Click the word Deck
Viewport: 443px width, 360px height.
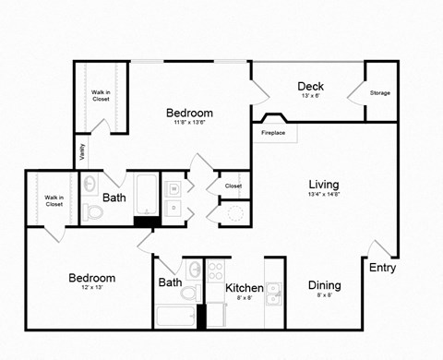pyautogui.click(x=309, y=87)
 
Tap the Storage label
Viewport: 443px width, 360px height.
pyautogui.click(x=379, y=93)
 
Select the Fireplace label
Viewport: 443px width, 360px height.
pyautogui.click(x=272, y=133)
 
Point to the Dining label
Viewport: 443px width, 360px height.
pyautogui.click(x=324, y=285)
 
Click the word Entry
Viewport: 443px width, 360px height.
pyautogui.click(x=383, y=268)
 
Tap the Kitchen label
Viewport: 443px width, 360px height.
pyautogui.click(x=245, y=288)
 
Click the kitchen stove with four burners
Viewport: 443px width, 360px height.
pyautogui.click(x=216, y=271)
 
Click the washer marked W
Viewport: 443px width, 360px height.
pyautogui.click(x=174, y=189)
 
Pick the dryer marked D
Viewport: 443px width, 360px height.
pyautogui.click(x=174, y=209)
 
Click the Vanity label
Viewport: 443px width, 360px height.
pyautogui.click(x=82, y=150)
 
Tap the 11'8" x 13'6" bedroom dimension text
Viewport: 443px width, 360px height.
pyautogui.click(x=189, y=127)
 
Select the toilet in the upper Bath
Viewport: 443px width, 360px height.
pyautogui.click(x=93, y=212)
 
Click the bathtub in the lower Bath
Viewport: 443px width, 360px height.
pyautogui.click(x=175, y=317)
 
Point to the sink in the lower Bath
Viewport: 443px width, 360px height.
pyautogui.click(x=194, y=270)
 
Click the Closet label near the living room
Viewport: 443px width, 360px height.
pyautogui.click(x=233, y=186)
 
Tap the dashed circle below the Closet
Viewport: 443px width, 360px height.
pyautogui.click(x=235, y=214)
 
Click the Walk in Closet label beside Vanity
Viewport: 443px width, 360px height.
pyautogui.click(x=101, y=94)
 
